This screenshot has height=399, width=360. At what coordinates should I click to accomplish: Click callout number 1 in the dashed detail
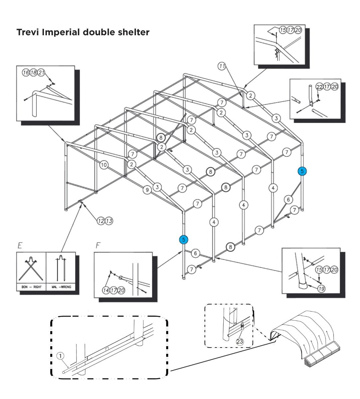click(60, 356)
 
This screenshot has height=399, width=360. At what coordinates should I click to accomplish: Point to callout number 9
click(147, 190)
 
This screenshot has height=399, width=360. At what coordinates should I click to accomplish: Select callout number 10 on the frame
click(104, 165)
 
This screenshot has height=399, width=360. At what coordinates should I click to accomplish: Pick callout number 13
click(109, 220)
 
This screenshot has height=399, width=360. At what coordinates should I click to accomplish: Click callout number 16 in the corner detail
click(26, 73)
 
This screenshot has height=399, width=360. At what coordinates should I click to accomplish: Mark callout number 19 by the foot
click(321, 289)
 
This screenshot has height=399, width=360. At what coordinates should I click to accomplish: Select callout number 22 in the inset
click(319, 86)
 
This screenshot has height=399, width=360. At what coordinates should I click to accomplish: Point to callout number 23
click(240, 341)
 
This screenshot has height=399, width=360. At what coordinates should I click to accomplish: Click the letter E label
click(20, 246)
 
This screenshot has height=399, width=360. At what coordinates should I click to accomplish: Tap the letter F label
click(98, 246)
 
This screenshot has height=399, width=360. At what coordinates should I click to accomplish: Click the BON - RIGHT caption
click(32, 287)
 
